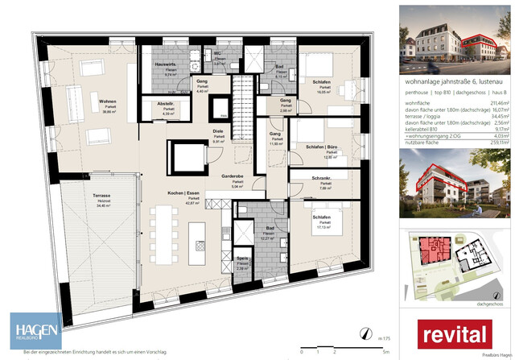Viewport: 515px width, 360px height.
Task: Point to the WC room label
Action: click(x=217, y=53)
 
